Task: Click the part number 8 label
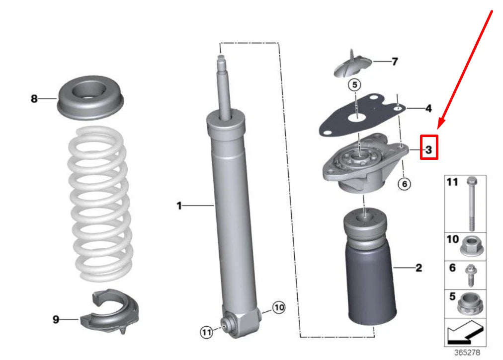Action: (34, 99)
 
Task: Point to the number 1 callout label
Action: (180, 205)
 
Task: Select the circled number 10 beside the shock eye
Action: (279, 308)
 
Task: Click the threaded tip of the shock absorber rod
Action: (221, 63)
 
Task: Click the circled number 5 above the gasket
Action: (354, 85)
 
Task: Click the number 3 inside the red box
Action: (429, 148)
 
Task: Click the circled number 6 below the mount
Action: (404, 184)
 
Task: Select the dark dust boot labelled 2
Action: (367, 288)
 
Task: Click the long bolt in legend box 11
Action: (470, 203)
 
